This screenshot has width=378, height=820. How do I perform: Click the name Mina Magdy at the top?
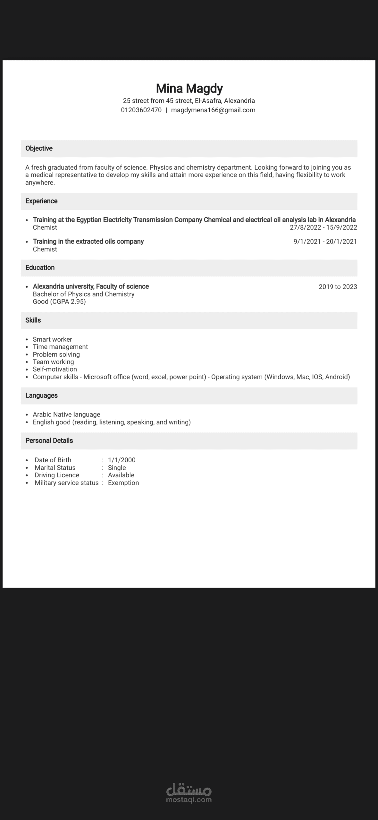pyautogui.click(x=189, y=88)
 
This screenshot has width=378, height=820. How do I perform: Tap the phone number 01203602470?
pyautogui.click(x=141, y=110)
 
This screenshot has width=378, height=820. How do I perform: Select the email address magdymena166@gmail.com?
pyautogui.click(x=213, y=110)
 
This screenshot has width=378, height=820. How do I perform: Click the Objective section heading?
pyautogui.click(x=39, y=148)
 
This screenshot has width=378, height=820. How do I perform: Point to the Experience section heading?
pyautogui.click(x=41, y=201)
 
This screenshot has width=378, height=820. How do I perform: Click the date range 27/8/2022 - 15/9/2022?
pyautogui.click(x=323, y=227)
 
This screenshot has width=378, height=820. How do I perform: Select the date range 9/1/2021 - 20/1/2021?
pyautogui.click(x=325, y=242)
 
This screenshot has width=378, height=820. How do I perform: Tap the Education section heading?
pyautogui.click(x=40, y=268)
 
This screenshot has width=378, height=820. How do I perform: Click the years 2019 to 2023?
pyautogui.click(x=338, y=287)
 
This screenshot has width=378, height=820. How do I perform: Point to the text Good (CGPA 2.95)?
pyautogui.click(x=59, y=302)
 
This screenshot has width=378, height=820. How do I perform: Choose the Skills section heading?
pyautogui.click(x=33, y=320)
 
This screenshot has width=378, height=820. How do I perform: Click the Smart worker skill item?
pyautogui.click(x=52, y=339)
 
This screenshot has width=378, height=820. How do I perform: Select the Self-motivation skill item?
pyautogui.click(x=55, y=369)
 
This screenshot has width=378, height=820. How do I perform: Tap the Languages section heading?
pyautogui.click(x=41, y=396)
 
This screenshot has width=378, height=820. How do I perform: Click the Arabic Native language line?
pyautogui.click(x=66, y=414)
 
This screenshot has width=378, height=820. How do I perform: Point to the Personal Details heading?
pyautogui.click(x=49, y=440)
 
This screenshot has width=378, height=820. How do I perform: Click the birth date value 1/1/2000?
pyautogui.click(x=122, y=460)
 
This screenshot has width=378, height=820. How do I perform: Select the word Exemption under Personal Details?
pyautogui.click(x=123, y=483)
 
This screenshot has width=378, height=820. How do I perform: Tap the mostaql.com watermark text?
pyautogui.click(x=189, y=800)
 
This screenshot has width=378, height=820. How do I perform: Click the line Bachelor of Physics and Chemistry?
pyautogui.click(x=83, y=294)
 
